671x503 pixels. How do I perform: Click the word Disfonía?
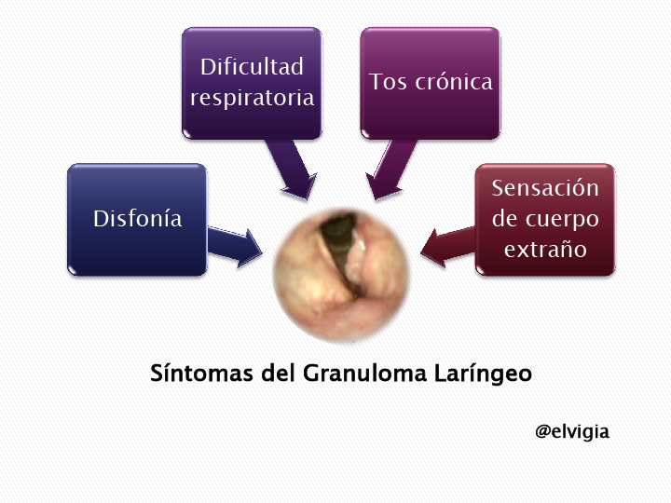pos(138,219)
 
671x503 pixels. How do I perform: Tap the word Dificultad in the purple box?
pos(252,67)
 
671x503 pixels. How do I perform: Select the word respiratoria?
pos(252,98)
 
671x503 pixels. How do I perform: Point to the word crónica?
pos(454,81)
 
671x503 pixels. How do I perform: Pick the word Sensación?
pos(545,188)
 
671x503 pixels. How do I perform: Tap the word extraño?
pos(545,250)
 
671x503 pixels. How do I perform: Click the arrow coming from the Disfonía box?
pos(235,247)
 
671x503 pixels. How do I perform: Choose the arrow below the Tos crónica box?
pos(390,169)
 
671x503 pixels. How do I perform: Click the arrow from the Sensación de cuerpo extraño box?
pos(447,247)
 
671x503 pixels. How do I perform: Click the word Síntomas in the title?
pos(201,373)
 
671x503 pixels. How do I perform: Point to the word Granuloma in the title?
pos(365,373)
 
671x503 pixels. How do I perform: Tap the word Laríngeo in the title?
pos(483,374)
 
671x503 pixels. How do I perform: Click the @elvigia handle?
pos(572,431)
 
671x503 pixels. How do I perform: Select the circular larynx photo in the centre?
pos(341,274)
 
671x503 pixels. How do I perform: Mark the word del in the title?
pos(278,373)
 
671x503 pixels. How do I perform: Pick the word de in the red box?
pos(504,219)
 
